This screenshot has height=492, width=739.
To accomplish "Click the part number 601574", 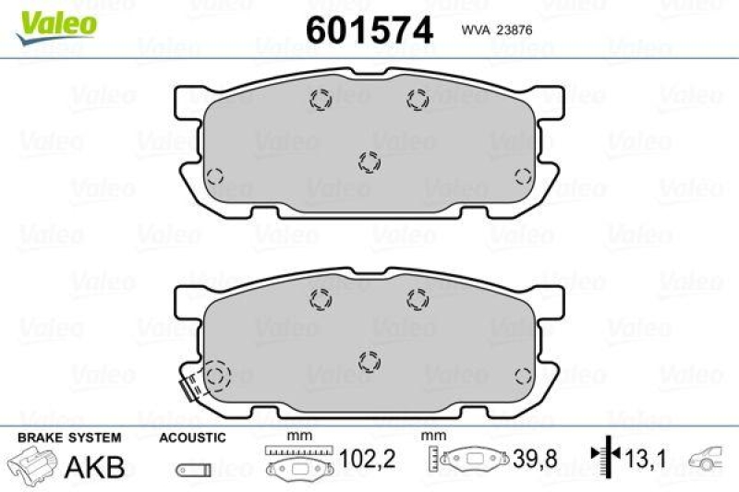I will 369,30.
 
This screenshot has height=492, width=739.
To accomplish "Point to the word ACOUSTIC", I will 191,436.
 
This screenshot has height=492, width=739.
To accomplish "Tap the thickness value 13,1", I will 644,456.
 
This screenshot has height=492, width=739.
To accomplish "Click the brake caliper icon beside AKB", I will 31,464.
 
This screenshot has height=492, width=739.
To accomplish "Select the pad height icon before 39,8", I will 466,459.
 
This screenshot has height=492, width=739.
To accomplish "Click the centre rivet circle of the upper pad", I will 369,162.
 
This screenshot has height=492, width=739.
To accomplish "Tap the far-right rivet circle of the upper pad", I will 522,177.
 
